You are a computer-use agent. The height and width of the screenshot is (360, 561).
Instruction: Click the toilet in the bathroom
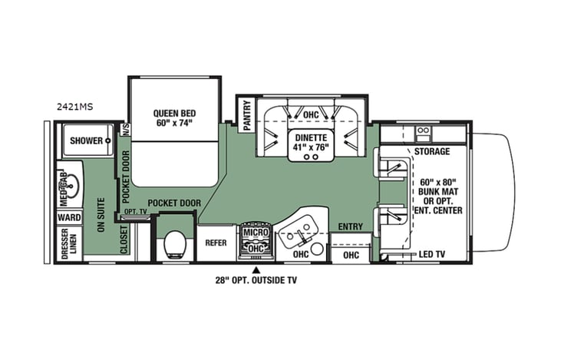(174, 244)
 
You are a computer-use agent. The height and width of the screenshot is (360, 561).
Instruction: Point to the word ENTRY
(350, 226)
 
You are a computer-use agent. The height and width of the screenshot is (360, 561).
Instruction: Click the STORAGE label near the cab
(432, 152)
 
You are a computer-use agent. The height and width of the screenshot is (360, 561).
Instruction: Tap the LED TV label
(434, 255)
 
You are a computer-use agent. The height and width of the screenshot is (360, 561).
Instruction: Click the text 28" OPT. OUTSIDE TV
(257, 281)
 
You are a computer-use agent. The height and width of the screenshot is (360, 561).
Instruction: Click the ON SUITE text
(100, 218)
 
